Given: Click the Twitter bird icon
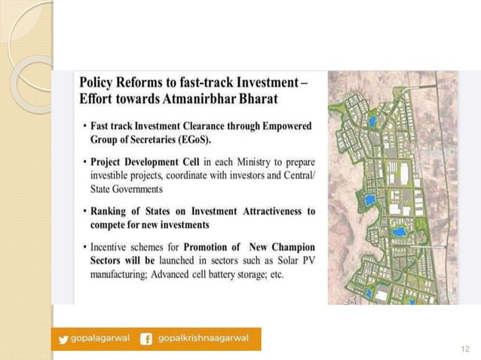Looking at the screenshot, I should [x=63, y=339].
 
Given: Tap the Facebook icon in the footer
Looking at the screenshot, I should [x=146, y=339].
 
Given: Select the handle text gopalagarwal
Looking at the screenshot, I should [x=100, y=339].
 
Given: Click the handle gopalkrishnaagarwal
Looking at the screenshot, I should [x=203, y=339].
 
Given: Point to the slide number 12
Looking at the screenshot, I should [x=464, y=349].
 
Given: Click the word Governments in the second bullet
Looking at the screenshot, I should [x=136, y=189].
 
